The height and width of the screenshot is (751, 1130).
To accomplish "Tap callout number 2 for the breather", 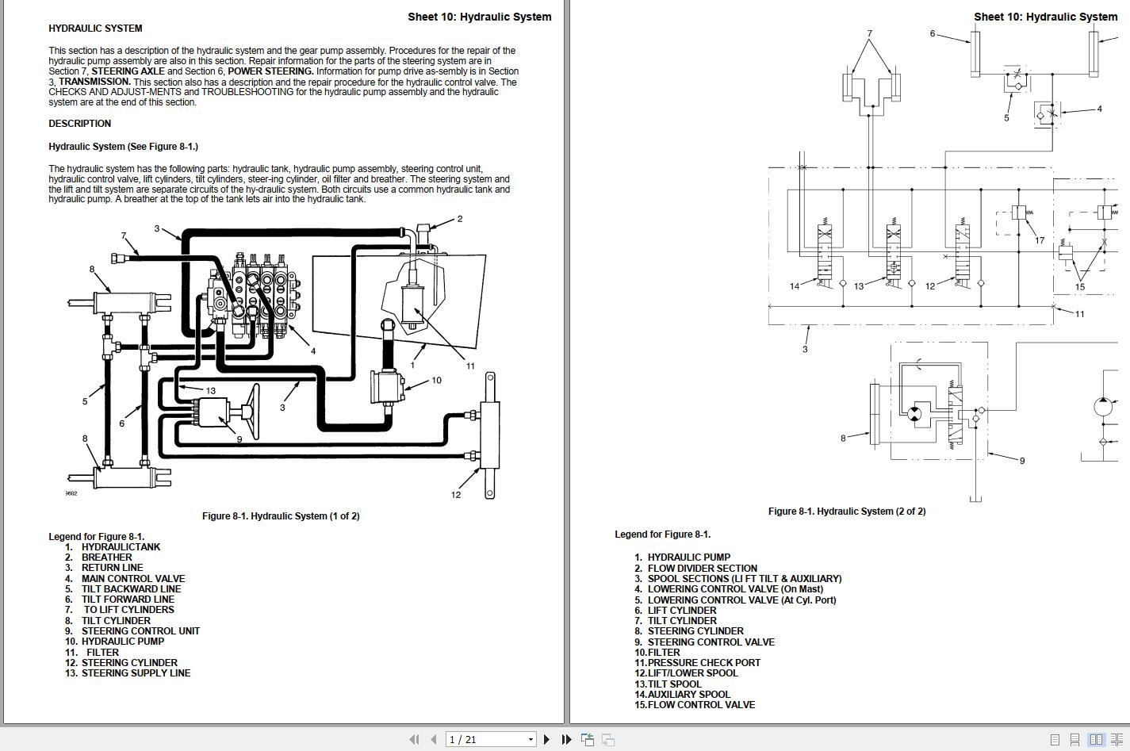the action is (x=460, y=219).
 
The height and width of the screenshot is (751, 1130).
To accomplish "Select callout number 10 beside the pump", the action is (x=436, y=381).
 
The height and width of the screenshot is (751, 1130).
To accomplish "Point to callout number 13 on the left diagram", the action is (x=210, y=391).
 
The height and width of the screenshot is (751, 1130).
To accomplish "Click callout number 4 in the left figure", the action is (x=313, y=351).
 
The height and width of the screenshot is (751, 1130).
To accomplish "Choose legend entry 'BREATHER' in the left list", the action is (x=106, y=558).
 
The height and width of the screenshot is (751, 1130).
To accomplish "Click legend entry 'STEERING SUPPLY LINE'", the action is (x=136, y=672).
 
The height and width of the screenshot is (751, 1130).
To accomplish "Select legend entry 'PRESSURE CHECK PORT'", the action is (x=703, y=663).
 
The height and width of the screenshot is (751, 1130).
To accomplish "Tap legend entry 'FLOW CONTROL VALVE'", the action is (x=701, y=704).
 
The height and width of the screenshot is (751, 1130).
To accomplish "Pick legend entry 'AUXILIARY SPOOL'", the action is (x=688, y=695).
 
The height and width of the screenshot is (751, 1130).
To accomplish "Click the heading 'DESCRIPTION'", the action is (x=80, y=124).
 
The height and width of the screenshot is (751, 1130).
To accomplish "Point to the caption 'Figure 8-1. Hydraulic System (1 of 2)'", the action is (x=281, y=516).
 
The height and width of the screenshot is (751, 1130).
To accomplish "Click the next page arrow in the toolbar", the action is (x=547, y=739).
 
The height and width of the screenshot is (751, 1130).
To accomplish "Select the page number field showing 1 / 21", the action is (x=490, y=739).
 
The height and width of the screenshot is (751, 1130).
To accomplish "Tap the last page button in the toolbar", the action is (x=566, y=739).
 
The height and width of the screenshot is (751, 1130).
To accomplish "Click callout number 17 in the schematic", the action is (x=1040, y=240).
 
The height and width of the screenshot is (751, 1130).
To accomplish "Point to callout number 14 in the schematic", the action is (x=795, y=286).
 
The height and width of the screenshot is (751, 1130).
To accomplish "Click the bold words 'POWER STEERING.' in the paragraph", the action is (x=270, y=71).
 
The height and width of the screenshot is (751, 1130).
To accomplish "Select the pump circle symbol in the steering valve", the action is (x=914, y=415).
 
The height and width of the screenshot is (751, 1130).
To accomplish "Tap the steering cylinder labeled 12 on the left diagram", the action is (x=489, y=435).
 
